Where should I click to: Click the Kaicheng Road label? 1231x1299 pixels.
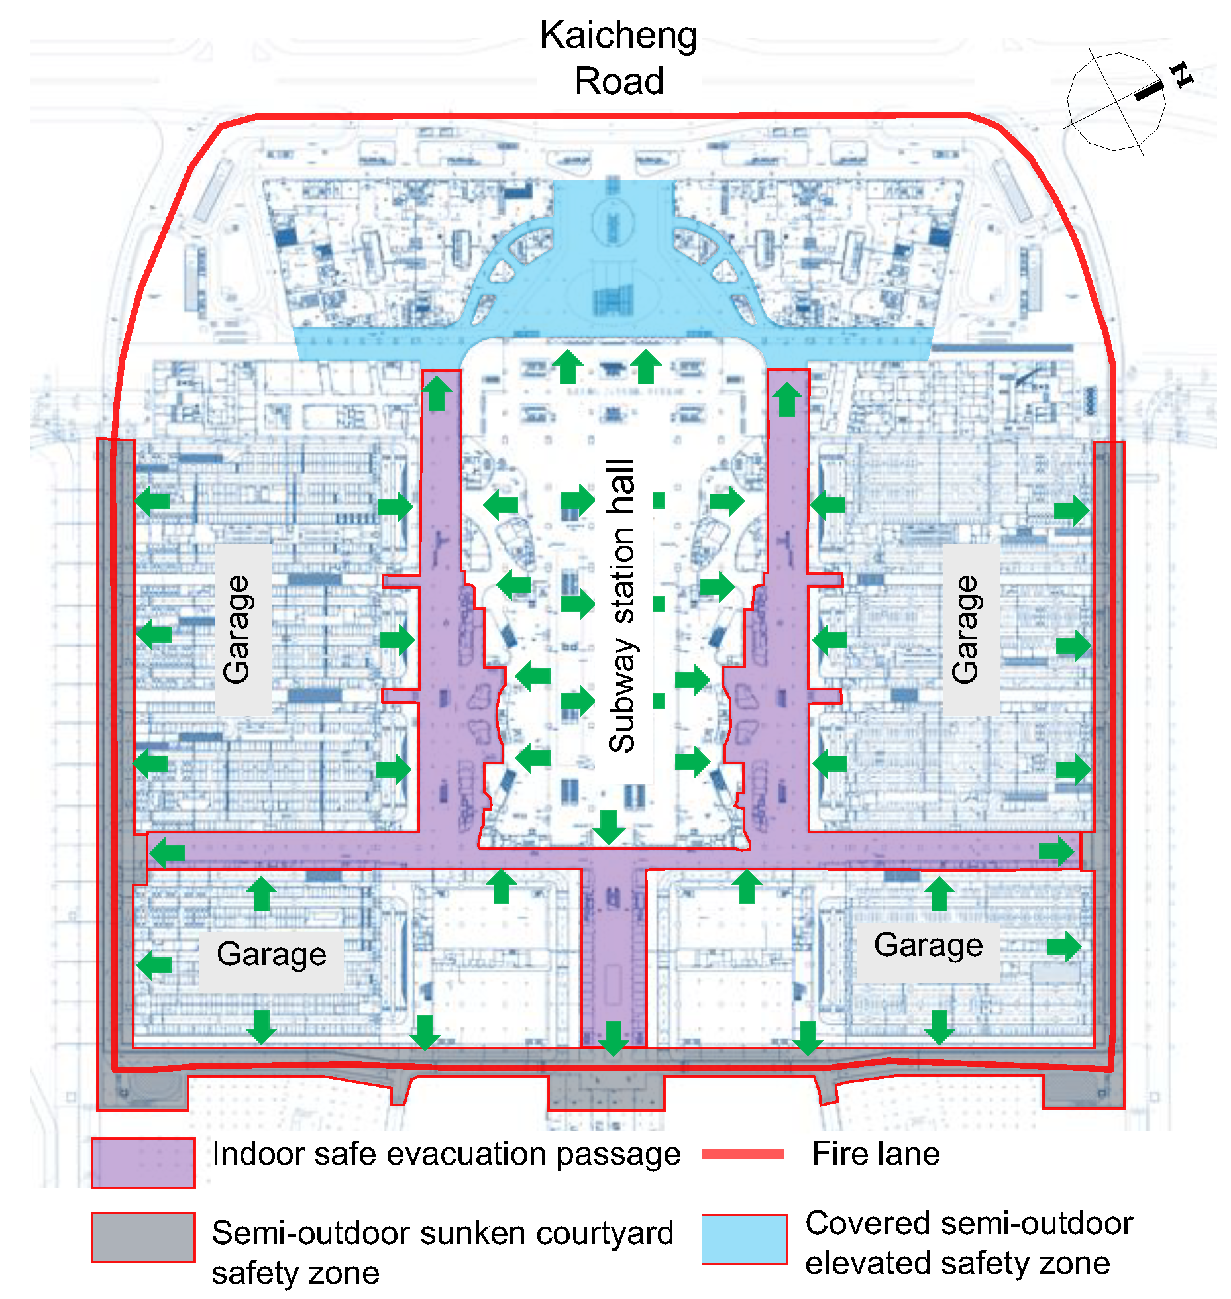[x=618, y=58]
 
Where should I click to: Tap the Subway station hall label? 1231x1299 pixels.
[x=621, y=605]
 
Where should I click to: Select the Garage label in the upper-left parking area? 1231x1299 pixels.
[x=237, y=629]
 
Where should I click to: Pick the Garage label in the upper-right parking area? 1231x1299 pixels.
[x=965, y=629]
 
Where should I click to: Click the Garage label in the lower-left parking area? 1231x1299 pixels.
[x=272, y=955]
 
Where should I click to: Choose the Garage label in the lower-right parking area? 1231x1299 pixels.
[x=928, y=945]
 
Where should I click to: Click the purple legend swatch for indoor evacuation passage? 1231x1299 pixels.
[x=143, y=1163]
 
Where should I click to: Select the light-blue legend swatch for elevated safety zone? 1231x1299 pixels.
[x=745, y=1239]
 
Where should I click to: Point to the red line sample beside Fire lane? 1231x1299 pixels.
[x=743, y=1154]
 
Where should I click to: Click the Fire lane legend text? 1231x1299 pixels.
[x=876, y=1154]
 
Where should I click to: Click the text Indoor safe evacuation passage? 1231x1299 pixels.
[x=446, y=1154]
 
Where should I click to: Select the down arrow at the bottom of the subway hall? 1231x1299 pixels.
[x=608, y=827]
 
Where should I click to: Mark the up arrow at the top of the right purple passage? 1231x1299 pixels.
[x=786, y=399]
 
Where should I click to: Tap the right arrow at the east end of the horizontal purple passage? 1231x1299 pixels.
[x=1056, y=851]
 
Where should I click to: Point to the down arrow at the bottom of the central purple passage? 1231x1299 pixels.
[x=614, y=1037]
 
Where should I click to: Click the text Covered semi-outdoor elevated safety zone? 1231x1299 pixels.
[x=969, y=1243]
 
